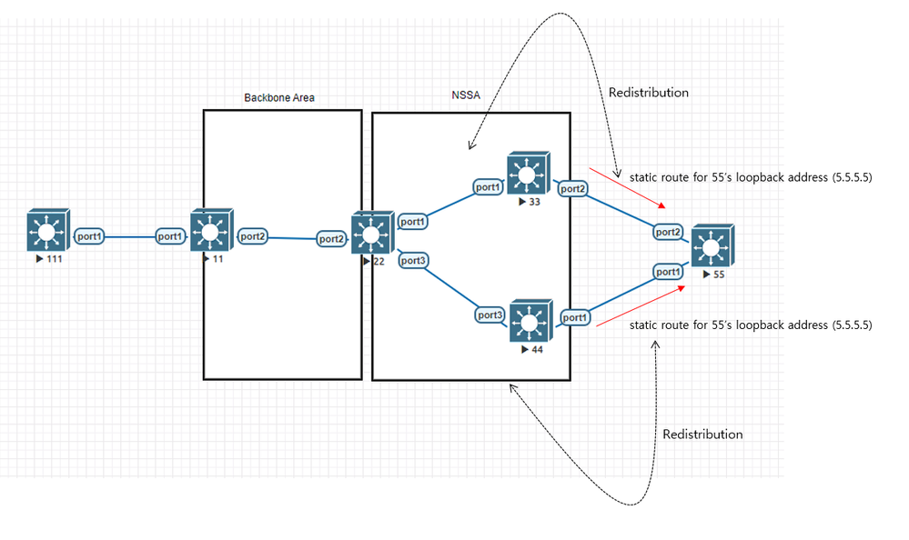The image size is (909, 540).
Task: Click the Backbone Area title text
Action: pyautogui.click(x=279, y=97)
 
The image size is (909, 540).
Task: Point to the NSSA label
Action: pyautogui.click(x=467, y=95)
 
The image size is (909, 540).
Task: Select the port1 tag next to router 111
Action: pyautogui.click(x=90, y=236)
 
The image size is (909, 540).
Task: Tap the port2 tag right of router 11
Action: pyautogui.click(x=253, y=236)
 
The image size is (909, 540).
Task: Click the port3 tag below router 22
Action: pyautogui.click(x=413, y=261)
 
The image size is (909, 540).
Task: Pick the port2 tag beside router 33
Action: pyautogui.click(x=572, y=188)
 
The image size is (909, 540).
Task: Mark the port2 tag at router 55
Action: pyautogui.click(x=669, y=232)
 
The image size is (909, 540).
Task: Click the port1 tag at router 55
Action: pyautogui.click(x=669, y=272)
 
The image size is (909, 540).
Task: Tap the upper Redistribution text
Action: pyautogui.click(x=648, y=93)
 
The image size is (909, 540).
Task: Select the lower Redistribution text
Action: pyautogui.click(x=702, y=435)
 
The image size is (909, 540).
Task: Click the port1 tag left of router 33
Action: pyautogui.click(x=488, y=187)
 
